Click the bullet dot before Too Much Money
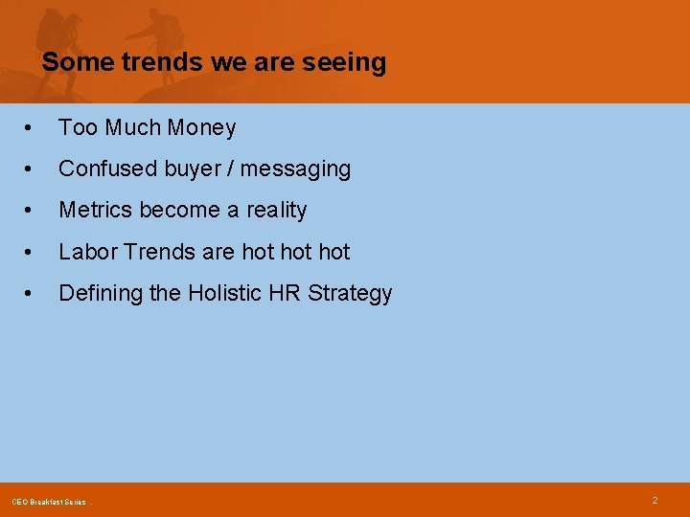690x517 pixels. [32, 128]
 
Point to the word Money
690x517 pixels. [203, 127]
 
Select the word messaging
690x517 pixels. [295, 169]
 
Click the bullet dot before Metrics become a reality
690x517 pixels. [32, 211]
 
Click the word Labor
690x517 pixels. [85, 252]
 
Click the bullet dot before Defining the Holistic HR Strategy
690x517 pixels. [32, 294]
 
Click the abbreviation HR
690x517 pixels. [286, 293]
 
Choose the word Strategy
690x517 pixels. [350, 294]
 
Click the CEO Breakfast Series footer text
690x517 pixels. [49, 502]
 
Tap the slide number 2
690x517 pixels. [655, 500]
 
